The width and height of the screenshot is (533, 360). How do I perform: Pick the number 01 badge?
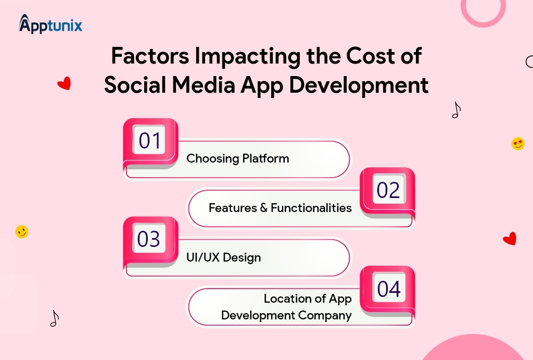point(150,141)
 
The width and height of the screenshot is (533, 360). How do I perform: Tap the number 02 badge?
point(388,191)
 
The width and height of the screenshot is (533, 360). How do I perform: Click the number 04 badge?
point(388,289)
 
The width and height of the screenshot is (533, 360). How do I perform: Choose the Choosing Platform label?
point(237,158)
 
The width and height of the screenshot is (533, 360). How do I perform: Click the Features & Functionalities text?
point(280,208)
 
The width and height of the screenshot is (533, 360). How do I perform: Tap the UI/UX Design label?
point(223,257)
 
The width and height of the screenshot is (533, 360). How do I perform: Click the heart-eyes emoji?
point(518,143)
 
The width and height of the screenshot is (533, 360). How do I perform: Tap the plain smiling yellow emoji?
point(21,232)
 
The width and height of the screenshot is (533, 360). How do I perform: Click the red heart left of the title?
point(64,83)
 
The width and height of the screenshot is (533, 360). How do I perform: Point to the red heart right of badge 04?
point(510,239)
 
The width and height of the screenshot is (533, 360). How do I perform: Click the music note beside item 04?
point(54,318)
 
